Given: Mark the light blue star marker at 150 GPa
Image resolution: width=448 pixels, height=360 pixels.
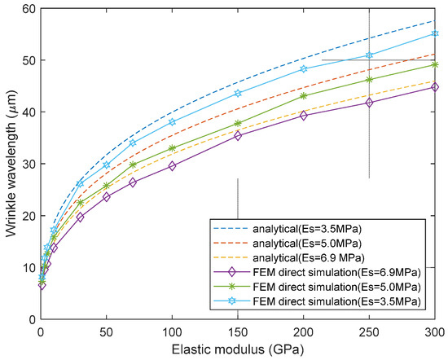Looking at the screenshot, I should [238, 93].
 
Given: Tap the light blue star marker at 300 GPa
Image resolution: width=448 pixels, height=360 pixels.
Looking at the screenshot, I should [435, 33].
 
